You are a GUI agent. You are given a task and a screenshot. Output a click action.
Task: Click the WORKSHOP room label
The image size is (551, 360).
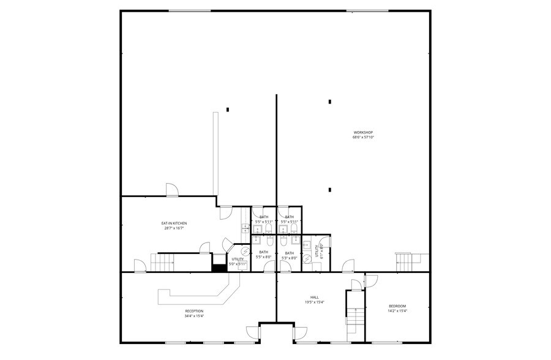click(362, 132)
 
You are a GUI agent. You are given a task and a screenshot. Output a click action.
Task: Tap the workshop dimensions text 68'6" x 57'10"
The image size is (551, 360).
click(362, 138)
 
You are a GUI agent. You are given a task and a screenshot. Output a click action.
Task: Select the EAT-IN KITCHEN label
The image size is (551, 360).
click(174, 223)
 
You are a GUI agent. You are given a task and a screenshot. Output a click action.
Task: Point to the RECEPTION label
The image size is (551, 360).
click(194, 311)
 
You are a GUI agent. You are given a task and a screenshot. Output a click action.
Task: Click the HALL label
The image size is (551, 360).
click(315, 297)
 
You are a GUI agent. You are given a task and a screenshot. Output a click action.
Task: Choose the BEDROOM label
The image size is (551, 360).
click(397, 306)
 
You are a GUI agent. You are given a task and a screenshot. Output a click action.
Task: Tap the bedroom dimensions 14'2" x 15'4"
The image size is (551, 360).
click(397, 311)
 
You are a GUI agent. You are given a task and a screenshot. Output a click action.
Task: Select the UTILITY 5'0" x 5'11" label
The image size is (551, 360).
click(238, 261)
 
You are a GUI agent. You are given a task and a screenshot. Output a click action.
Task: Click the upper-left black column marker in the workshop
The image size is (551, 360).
click(228, 110)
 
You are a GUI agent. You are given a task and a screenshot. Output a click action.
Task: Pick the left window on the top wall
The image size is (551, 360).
click(189, 10)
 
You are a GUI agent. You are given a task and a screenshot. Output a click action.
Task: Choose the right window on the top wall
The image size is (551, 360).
click(367, 10)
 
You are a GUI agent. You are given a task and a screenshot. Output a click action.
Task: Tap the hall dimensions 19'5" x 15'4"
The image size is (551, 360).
click(315, 302)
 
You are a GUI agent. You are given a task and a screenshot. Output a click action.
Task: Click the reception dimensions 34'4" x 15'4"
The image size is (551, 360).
click(194, 316)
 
